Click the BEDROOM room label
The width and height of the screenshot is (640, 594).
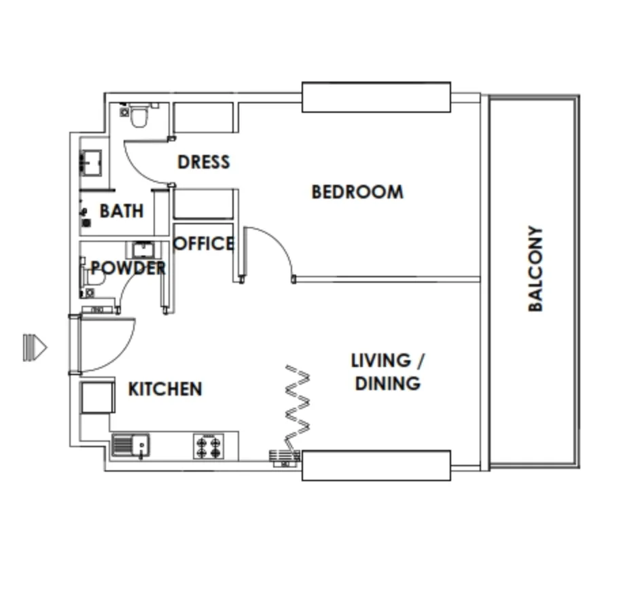pos(357,192)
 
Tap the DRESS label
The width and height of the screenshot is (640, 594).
pos(204,162)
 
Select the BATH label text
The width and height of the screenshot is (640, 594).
pos(122,211)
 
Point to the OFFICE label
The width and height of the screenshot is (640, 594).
pos(204,243)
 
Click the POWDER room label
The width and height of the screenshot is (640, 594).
pos(128,268)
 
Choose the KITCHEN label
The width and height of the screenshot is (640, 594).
pos(165,389)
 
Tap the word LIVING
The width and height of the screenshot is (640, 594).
pos(381,361)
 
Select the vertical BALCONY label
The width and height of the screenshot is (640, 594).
pos(535,268)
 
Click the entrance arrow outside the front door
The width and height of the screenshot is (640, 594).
pos(35,347)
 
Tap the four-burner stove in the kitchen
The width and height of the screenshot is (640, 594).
pos(209,447)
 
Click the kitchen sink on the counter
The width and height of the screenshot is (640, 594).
pos(130,446)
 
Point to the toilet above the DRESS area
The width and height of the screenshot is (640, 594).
pos(139,116)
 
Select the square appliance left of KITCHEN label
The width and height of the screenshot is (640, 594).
pos(98,398)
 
